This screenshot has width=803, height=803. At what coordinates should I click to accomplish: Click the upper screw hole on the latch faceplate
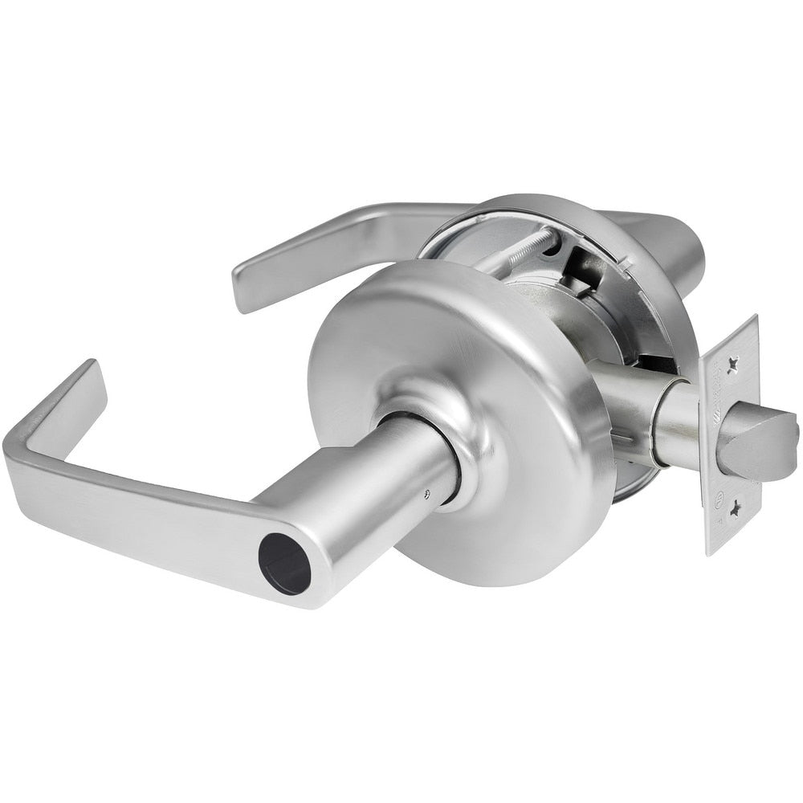coord(732,365)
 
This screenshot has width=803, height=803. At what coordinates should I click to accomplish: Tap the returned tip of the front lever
coord(80,393)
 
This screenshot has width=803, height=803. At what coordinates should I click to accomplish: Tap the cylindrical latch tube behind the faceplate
coord(679,422)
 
